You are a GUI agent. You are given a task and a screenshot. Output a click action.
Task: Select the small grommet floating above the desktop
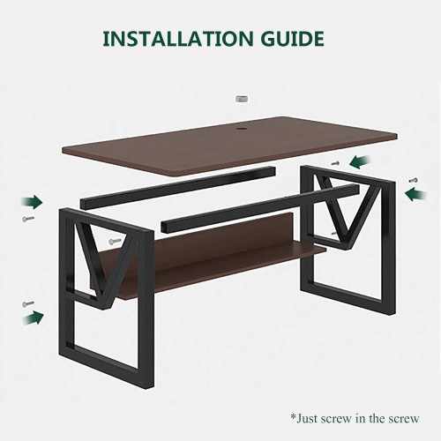242,99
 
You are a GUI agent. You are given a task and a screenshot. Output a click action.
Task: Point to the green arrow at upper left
32,202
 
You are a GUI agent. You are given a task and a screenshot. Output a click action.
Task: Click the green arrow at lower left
33,318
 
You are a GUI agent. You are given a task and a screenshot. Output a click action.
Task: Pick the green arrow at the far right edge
415,195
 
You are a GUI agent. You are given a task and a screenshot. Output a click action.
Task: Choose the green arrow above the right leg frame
360,162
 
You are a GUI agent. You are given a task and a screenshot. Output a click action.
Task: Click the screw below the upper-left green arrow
28,219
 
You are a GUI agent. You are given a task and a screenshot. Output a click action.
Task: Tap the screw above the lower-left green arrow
28,303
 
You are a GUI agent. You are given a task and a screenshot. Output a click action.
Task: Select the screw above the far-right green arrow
414,180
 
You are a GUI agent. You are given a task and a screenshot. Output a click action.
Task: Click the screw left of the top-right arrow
335,162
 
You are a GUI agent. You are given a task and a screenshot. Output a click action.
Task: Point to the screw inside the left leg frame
115,242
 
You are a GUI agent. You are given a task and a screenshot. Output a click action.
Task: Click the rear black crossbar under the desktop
178,187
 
